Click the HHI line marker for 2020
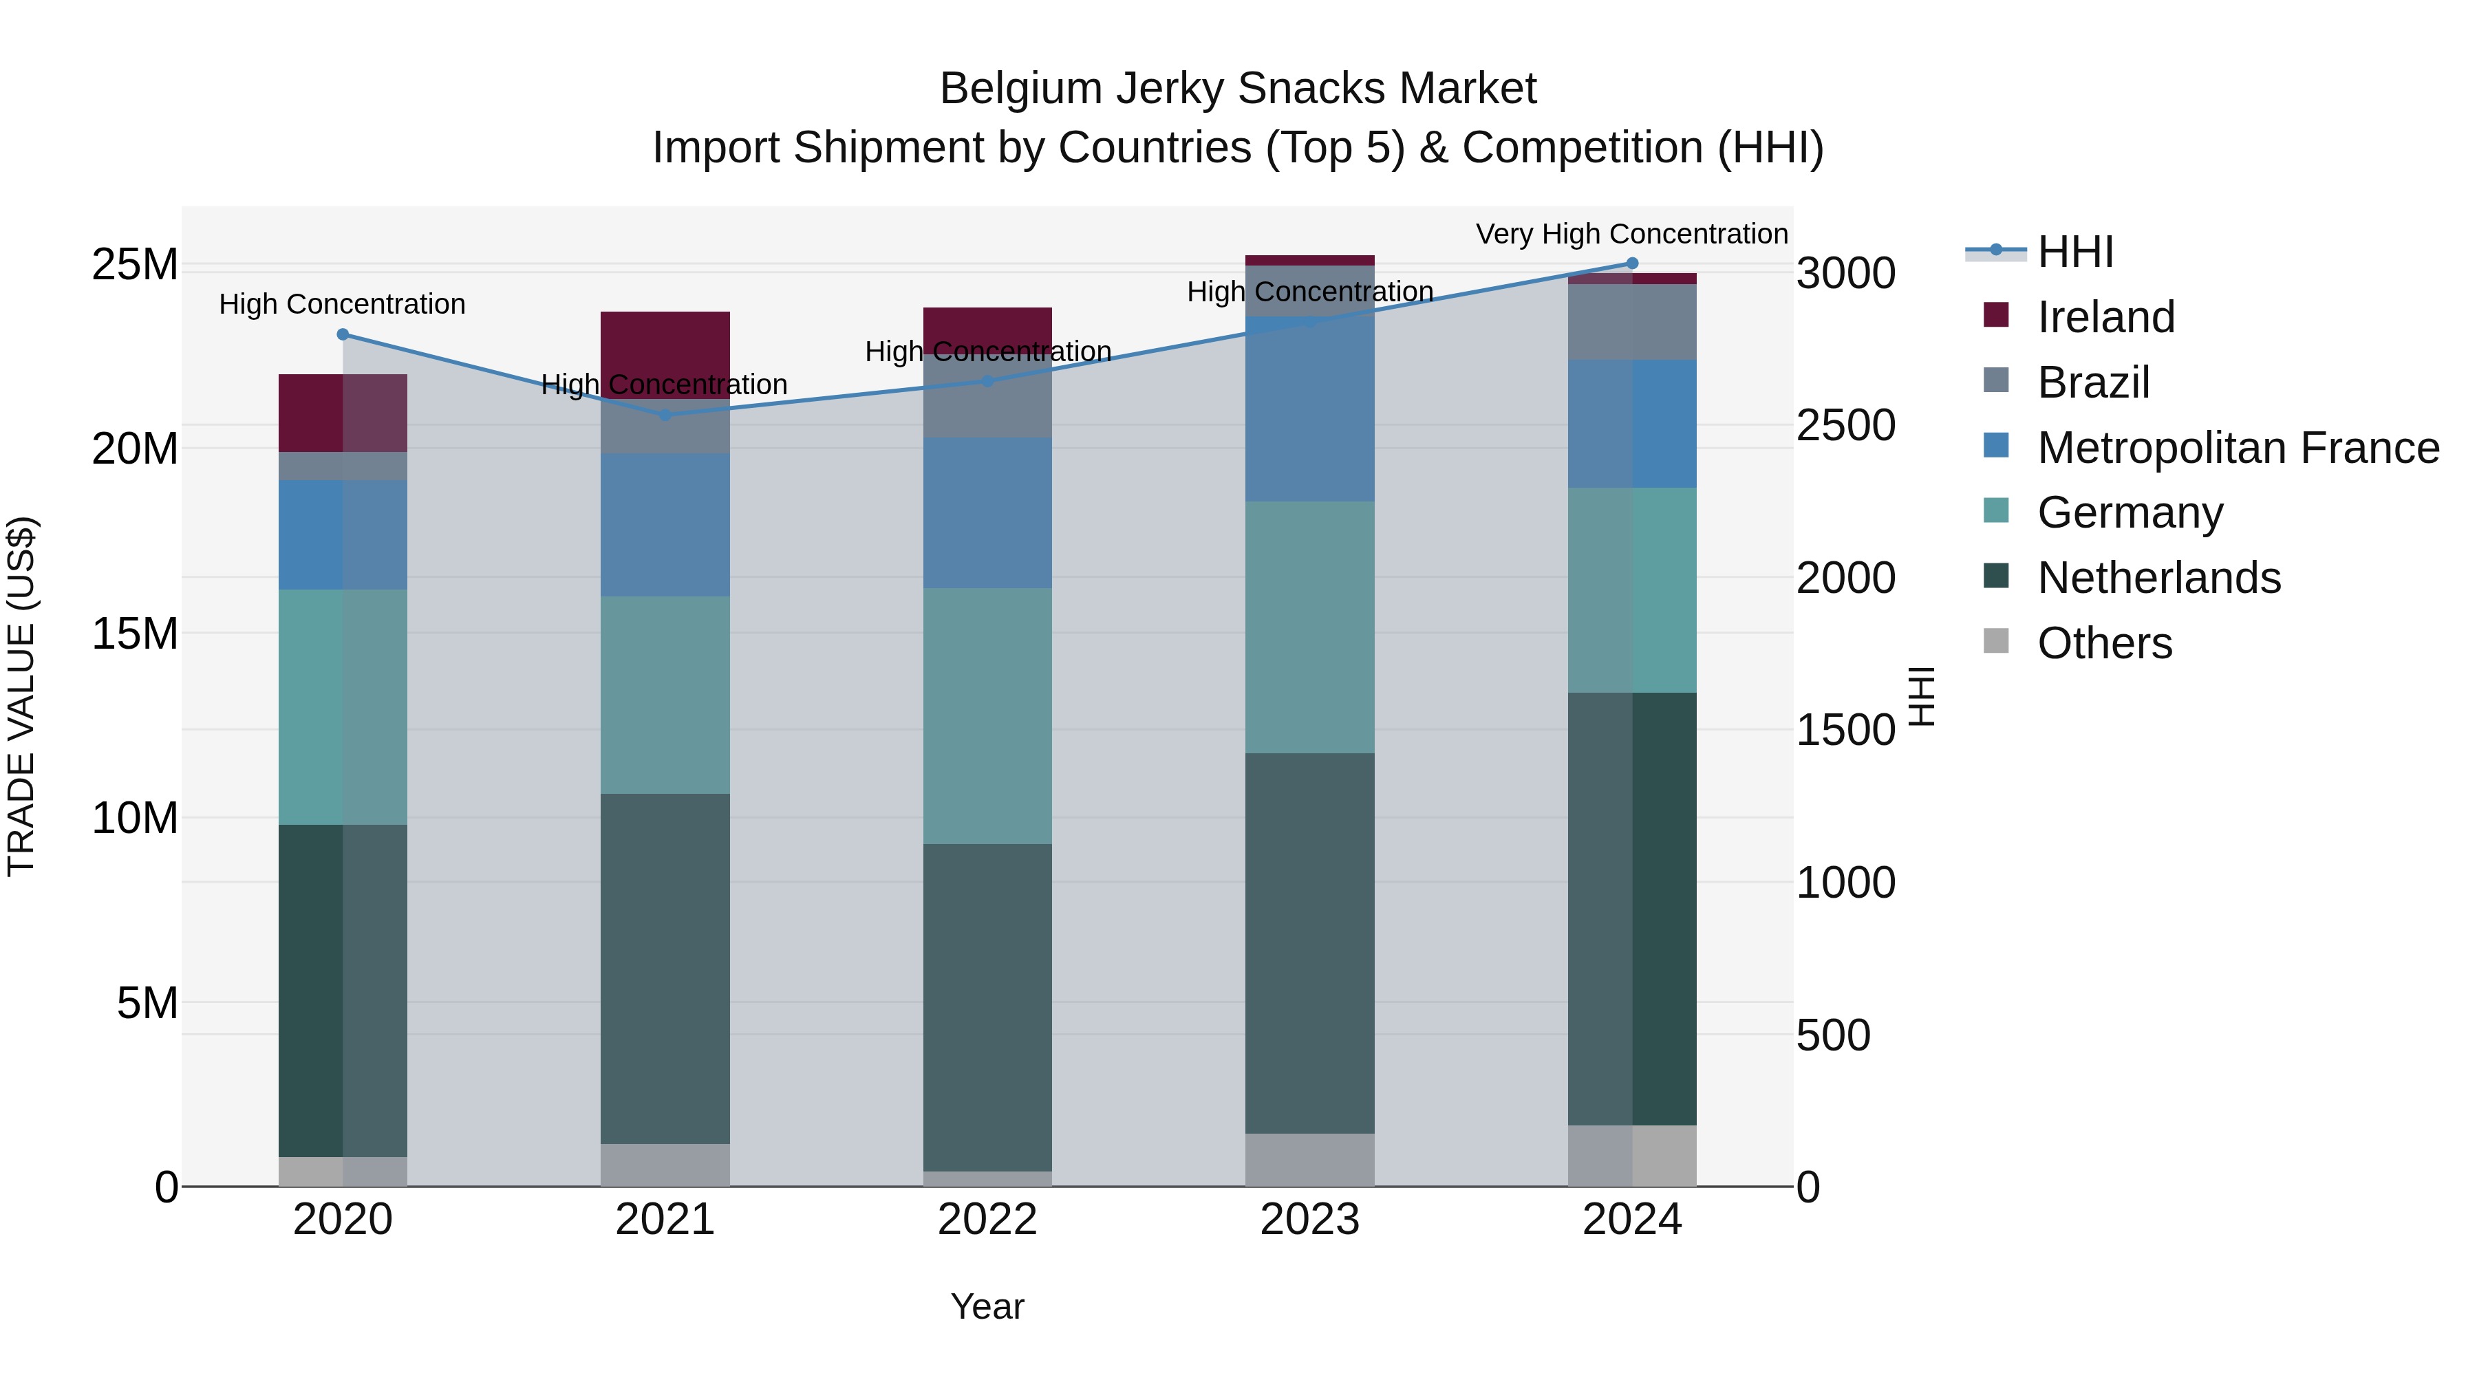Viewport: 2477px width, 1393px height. tap(343, 334)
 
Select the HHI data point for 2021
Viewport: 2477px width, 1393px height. tap(665, 415)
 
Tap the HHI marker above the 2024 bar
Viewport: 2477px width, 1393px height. tap(1632, 263)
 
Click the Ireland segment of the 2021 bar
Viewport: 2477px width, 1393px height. tap(665, 346)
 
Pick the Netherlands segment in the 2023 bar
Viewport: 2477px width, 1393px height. tap(1309, 942)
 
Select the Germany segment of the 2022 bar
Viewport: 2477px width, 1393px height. tap(987, 716)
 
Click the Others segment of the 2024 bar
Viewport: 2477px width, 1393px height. tap(1632, 1156)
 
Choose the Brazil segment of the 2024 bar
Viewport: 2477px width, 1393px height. tap(1632, 322)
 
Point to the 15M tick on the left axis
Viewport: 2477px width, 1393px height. tap(135, 634)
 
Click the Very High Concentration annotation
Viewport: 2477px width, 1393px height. tap(1632, 234)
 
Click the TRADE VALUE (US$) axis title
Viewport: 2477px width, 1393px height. tap(21, 696)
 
